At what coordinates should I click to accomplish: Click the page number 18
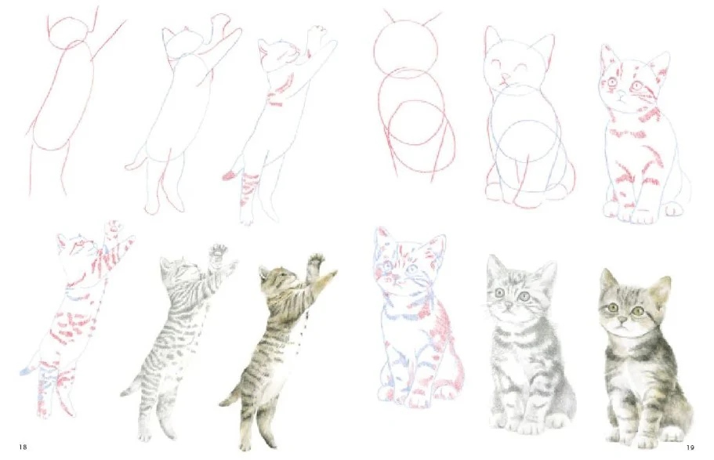[x=23, y=447]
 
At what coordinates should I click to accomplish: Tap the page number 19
[x=690, y=447]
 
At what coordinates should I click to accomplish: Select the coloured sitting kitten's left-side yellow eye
[x=613, y=307]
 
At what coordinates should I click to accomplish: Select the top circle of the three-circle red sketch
[x=405, y=45]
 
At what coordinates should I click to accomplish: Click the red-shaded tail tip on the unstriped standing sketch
[x=230, y=176]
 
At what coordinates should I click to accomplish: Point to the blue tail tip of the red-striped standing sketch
[x=26, y=371]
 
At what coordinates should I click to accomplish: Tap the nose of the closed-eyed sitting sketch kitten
[x=505, y=78]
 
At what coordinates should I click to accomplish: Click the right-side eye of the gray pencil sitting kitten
[x=524, y=296]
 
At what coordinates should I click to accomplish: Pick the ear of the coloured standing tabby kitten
[x=264, y=273]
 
